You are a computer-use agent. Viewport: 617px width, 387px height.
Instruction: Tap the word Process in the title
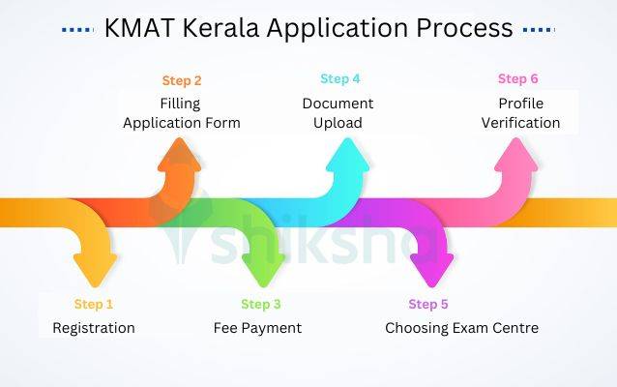(459, 28)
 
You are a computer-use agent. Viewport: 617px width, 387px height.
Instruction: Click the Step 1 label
(94, 305)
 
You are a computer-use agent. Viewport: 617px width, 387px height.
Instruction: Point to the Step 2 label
(181, 79)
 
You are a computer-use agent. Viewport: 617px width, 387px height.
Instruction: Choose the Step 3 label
(261, 305)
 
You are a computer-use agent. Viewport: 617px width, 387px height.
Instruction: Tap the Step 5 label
(428, 305)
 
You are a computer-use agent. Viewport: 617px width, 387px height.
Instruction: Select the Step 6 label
(517, 79)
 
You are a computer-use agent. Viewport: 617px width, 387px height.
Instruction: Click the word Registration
(94, 328)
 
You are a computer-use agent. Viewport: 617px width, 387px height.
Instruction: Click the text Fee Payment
(257, 328)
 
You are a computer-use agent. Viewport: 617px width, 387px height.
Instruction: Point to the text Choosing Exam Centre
(461, 328)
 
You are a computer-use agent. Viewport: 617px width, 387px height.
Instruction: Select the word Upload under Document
(338, 123)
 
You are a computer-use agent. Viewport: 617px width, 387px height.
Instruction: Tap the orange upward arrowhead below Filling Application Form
(180, 155)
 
